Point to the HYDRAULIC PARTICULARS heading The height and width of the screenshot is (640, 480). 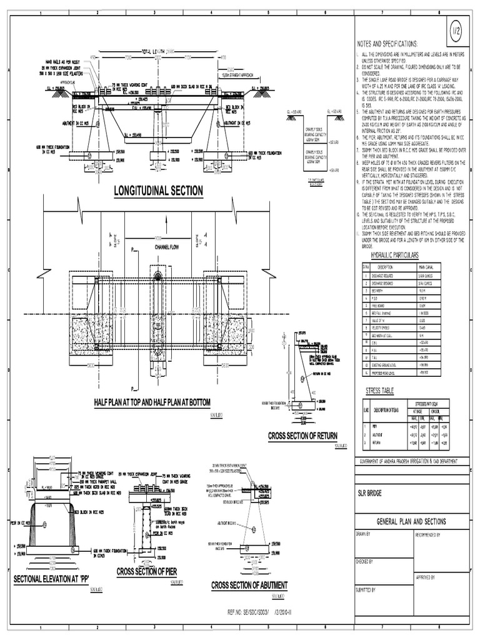(x=395, y=256)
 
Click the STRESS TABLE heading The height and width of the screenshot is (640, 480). (x=380, y=391)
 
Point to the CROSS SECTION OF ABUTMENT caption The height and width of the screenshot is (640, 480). (x=249, y=585)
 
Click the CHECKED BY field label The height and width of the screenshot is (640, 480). (x=365, y=561)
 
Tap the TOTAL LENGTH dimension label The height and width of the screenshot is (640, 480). (x=159, y=51)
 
